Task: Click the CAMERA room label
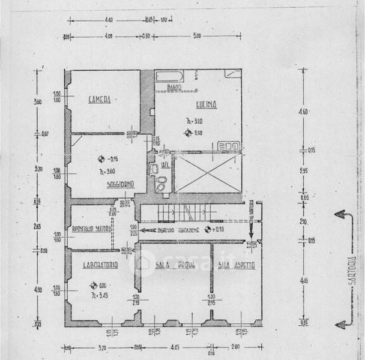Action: (x=99, y=100)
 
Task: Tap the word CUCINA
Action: (x=205, y=104)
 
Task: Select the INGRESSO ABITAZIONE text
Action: (x=178, y=230)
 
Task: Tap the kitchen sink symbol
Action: (x=229, y=145)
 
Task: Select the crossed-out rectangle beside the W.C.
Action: (x=207, y=173)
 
